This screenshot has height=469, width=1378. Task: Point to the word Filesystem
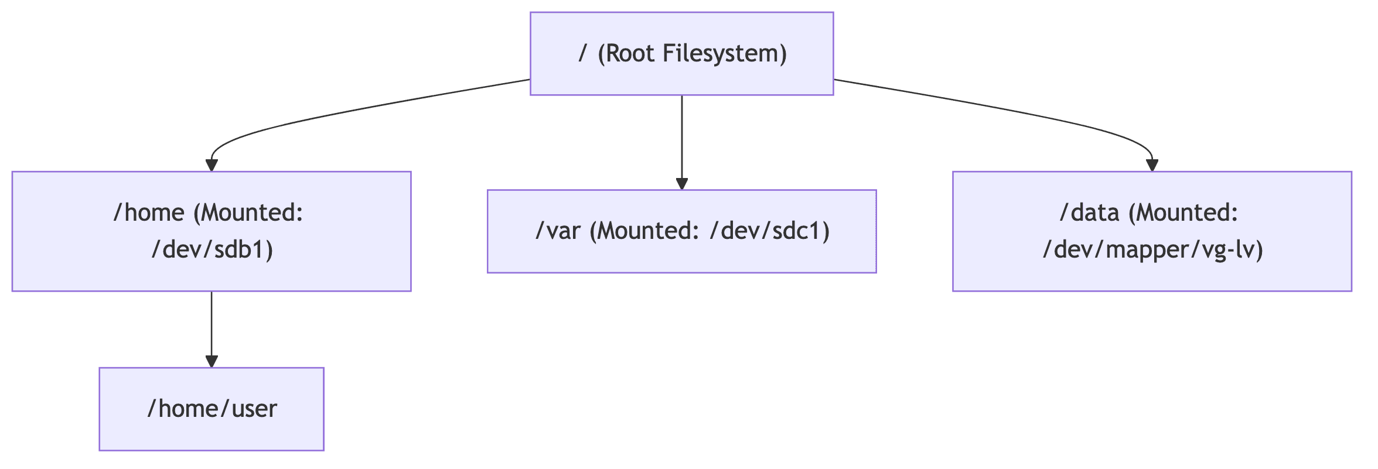pyautogui.click(x=724, y=53)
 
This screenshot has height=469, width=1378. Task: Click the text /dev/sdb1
pyautogui.click(x=212, y=250)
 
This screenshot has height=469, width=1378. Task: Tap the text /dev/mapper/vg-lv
pyautogui.click(x=1152, y=250)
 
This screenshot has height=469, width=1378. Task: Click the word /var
pyautogui.click(x=557, y=231)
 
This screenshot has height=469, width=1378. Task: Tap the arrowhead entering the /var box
pyautogui.click(x=681, y=183)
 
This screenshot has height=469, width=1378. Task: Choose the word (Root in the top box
pyautogui.click(x=626, y=53)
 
